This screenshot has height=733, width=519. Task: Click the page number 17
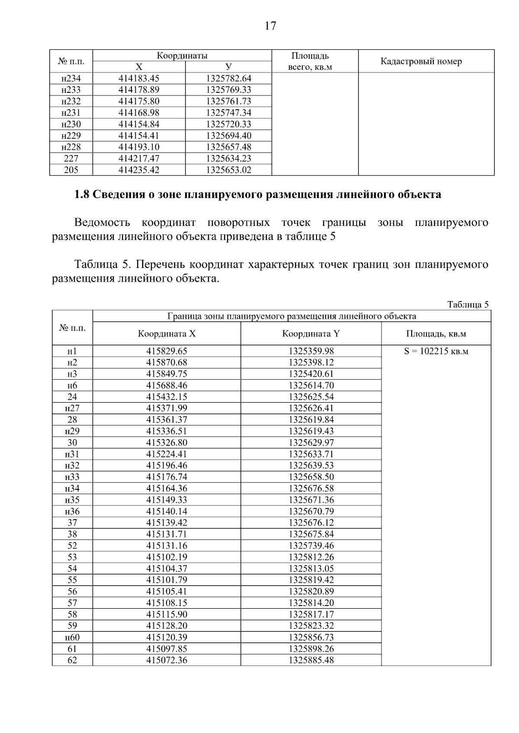(270, 26)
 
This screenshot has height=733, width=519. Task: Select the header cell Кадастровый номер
(421, 61)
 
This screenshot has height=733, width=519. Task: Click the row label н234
(71, 79)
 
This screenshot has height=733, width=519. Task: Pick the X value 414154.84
(139, 124)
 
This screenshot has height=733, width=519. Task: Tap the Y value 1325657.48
(228, 147)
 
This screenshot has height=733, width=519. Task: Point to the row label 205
(71, 170)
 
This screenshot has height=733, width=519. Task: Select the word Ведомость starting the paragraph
(102, 223)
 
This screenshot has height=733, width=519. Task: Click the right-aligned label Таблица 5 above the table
(468, 305)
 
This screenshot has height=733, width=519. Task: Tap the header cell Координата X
(167, 334)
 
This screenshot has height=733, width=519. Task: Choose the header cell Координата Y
(311, 334)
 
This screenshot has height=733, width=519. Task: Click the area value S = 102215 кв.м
(436, 351)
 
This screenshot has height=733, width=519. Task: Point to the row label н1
(72, 351)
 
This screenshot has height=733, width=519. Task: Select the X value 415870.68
(167, 362)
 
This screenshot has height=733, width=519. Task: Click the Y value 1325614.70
(311, 385)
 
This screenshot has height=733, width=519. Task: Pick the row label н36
(72, 511)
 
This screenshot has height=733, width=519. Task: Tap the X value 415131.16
(167, 546)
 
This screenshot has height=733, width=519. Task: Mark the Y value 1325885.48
(311, 660)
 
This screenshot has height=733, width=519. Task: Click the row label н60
(72, 637)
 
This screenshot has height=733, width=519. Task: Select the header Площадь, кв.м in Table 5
(436, 334)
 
